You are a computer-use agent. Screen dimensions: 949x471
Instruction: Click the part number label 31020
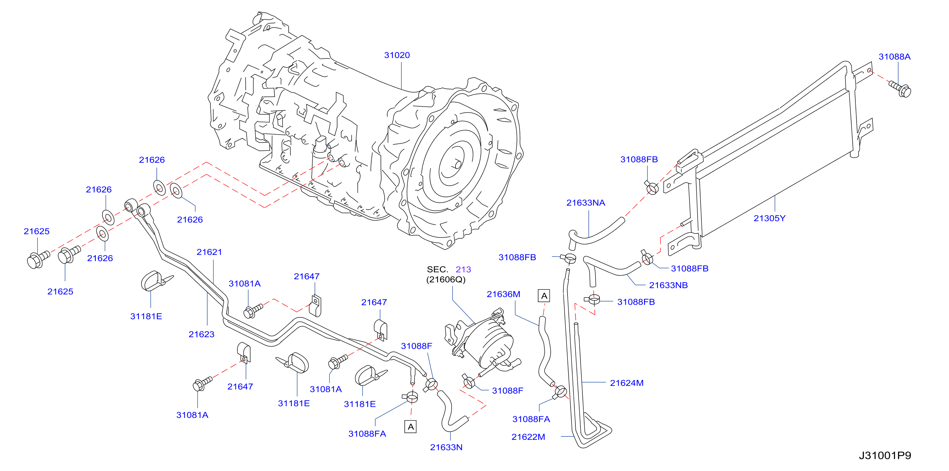[x=397, y=55]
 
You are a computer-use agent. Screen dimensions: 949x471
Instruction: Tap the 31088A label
[x=894, y=57]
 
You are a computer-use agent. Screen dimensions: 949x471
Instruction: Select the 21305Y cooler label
[x=770, y=218]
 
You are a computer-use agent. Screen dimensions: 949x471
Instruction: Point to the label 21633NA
[x=586, y=203]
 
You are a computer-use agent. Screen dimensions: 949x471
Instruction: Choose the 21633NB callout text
[x=668, y=285]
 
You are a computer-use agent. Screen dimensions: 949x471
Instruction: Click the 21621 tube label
[x=209, y=252]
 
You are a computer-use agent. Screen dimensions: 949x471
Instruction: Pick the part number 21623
[x=202, y=335]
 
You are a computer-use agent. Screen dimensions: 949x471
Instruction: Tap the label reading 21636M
[x=504, y=294]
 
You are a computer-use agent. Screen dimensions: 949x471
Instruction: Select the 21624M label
[x=627, y=383]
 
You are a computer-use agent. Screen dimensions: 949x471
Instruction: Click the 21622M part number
[x=528, y=437]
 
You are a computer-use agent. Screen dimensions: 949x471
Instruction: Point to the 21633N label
[x=446, y=448]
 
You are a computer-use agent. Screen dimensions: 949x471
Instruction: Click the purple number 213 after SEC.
[x=463, y=269]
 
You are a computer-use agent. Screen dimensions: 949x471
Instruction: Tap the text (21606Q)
[x=446, y=280]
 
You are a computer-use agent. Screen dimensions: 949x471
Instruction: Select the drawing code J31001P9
[x=885, y=456]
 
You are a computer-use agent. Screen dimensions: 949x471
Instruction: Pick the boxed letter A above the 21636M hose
[x=544, y=296]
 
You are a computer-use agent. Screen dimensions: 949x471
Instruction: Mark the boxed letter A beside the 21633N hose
[x=411, y=427]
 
